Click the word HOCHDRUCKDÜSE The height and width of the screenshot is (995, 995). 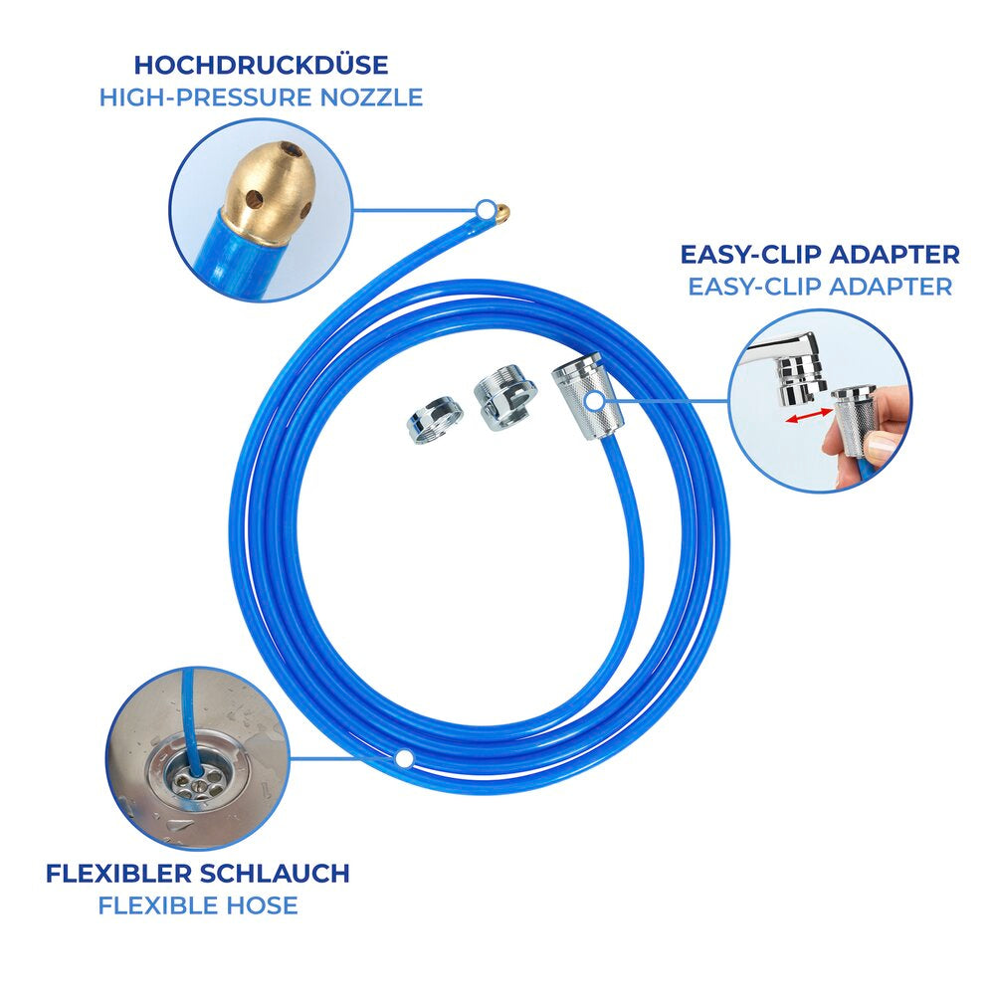point(261,66)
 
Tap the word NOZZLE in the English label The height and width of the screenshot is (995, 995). point(371,98)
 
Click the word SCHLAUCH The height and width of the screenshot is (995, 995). point(276,874)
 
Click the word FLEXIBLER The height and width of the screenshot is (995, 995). point(120,874)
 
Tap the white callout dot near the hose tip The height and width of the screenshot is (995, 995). point(487,209)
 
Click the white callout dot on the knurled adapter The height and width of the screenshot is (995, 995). point(594,400)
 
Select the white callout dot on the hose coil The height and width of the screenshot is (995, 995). point(404,758)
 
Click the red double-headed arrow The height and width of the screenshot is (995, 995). point(809,415)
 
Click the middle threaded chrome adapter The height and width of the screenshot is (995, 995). point(505,397)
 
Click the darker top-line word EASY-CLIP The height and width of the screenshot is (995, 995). point(750,255)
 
